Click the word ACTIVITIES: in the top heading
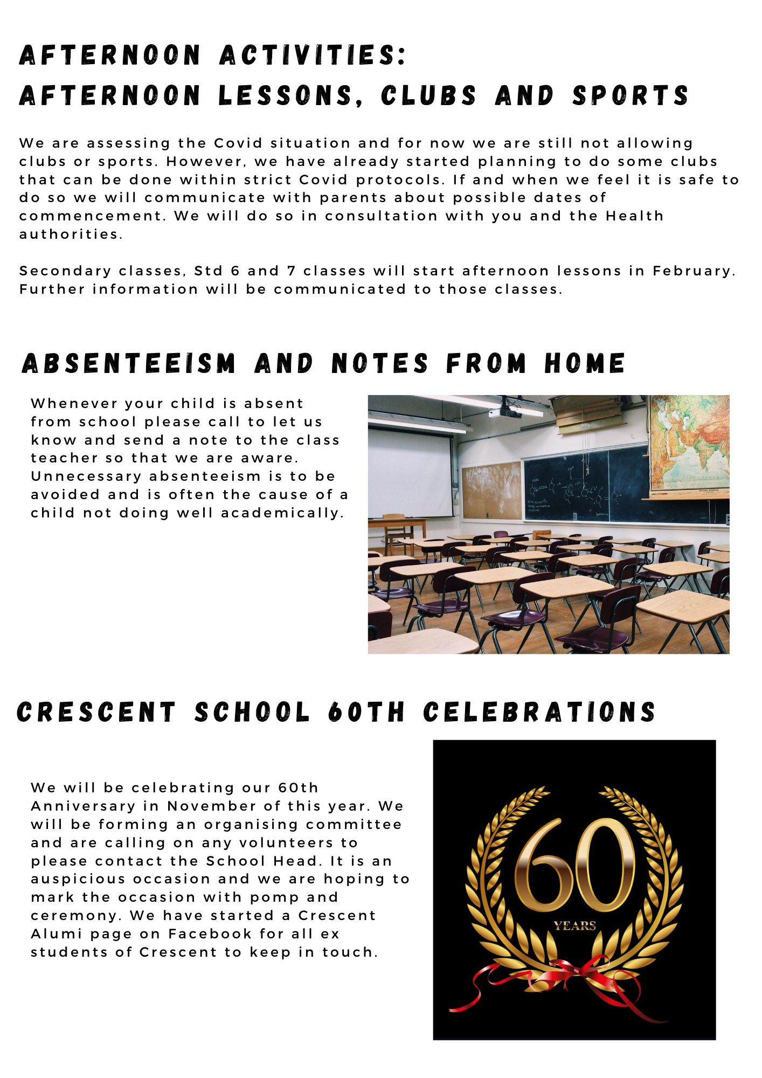coord(313,56)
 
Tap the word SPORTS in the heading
coord(631,96)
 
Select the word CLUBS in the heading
coord(428,96)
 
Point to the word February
coord(693,271)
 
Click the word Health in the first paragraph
coord(634,216)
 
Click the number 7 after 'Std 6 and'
coord(291,271)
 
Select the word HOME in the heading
coord(585,363)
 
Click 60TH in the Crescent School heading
coord(366,712)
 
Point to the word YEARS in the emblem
coord(574,926)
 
